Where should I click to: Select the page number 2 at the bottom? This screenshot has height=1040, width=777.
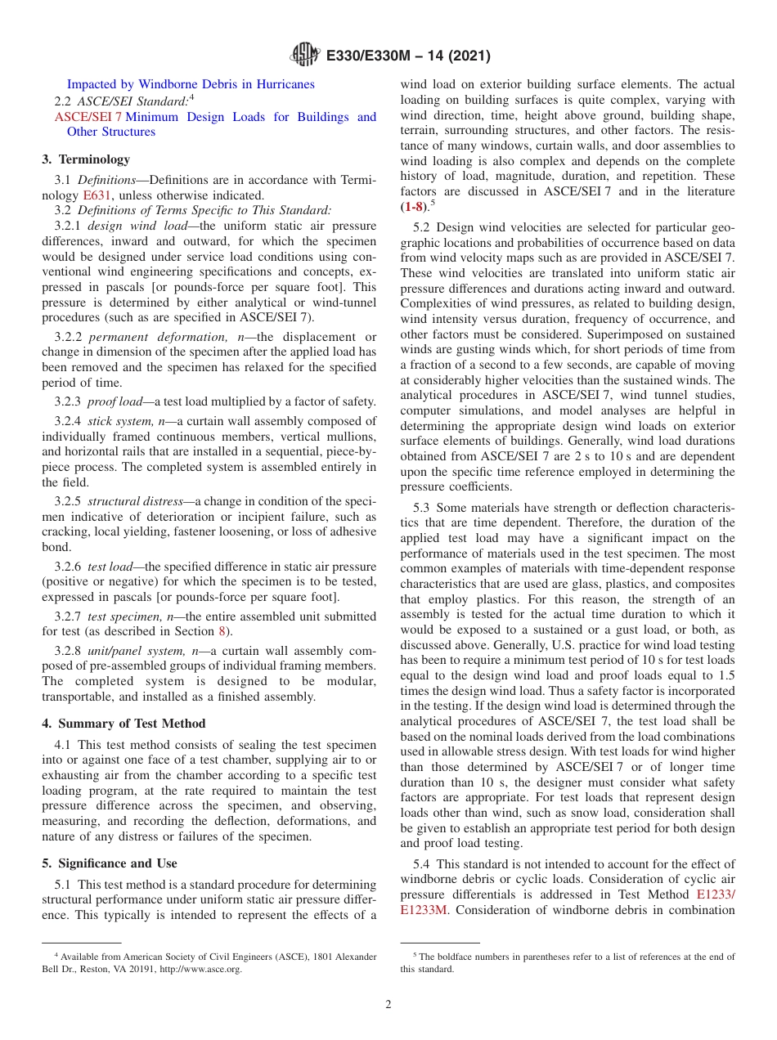coord(388,1005)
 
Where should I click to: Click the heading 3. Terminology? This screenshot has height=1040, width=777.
coord(86,159)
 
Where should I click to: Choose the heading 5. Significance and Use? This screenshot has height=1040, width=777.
coord(110,863)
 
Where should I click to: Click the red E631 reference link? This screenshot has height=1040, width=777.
coord(97,195)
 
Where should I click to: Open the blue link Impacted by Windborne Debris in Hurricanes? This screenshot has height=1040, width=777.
coord(191,84)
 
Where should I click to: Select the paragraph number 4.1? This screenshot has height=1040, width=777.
coord(65,746)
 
